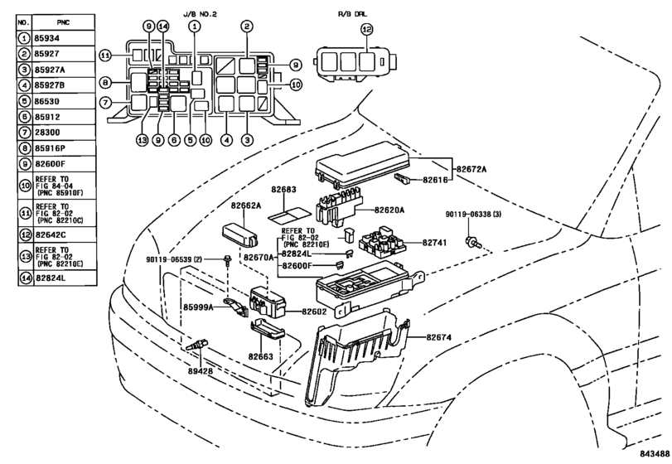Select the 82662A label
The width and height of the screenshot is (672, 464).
(246, 205)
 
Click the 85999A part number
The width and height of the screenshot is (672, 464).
(199, 307)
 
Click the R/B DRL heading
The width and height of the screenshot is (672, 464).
(351, 13)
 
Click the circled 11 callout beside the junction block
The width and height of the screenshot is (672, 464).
(105, 56)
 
